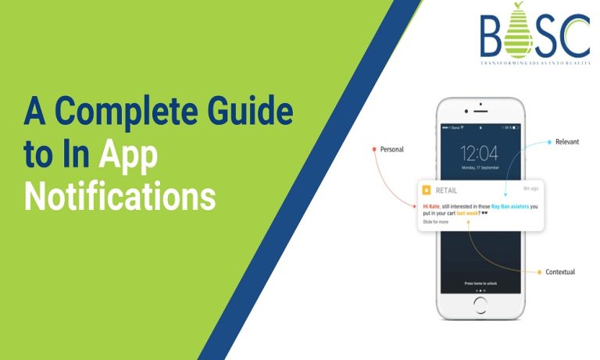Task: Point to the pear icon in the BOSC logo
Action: pos(517,34)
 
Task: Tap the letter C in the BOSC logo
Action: pos(577,36)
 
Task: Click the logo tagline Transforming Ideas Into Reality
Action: pos(535,63)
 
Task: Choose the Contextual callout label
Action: pos(560,272)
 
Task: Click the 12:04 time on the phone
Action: pos(479,153)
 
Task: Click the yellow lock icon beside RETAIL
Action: pos(427,190)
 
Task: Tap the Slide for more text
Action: pos(436,223)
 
